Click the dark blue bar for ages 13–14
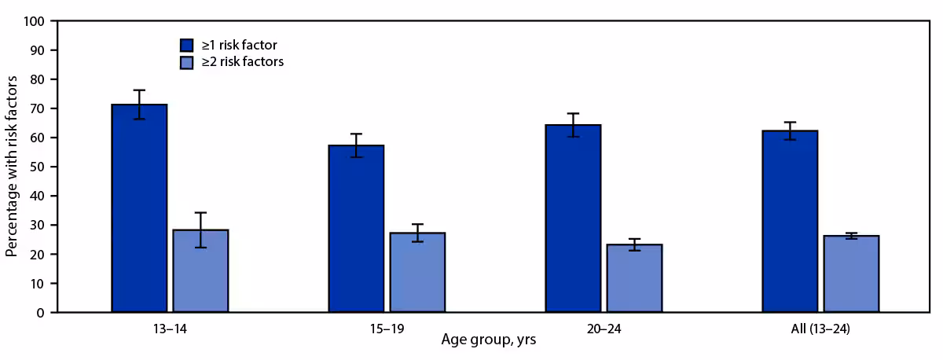click(x=139, y=208)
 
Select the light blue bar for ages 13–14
click(x=200, y=271)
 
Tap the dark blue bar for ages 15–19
click(x=357, y=229)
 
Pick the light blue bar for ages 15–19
click(x=417, y=273)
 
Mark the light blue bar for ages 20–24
click(x=635, y=278)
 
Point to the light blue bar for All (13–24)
click(x=852, y=274)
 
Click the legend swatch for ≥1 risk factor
click(x=186, y=45)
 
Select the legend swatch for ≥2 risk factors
click(x=186, y=62)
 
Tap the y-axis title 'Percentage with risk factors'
click(x=13, y=167)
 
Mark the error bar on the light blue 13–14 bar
click(x=200, y=230)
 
